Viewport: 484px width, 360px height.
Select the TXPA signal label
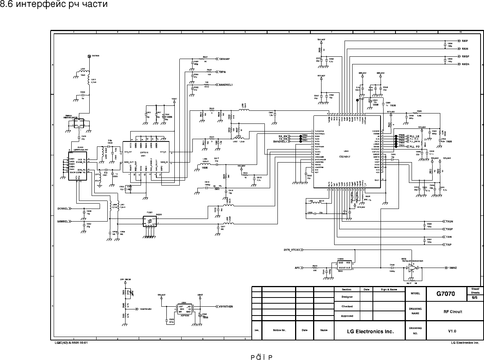[222, 72]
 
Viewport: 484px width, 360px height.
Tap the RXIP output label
[465, 41]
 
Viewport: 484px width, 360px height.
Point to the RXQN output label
[466, 64]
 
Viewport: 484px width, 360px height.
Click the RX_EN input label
[284, 136]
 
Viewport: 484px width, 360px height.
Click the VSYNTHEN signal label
[226, 307]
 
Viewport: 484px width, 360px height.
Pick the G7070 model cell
[446, 294]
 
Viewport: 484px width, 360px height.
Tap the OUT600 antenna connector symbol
[89, 56]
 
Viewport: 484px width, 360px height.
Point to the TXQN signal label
[449, 222]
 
